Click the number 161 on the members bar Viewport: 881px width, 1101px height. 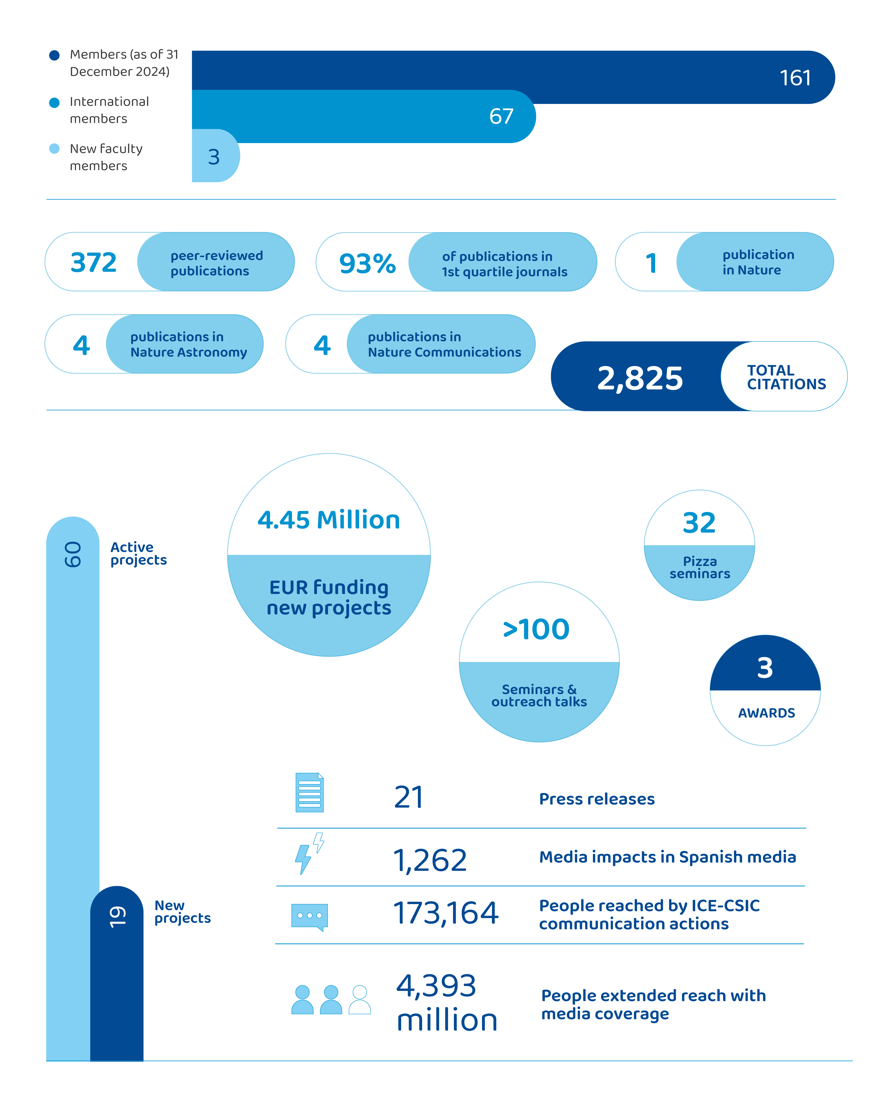pos(795,78)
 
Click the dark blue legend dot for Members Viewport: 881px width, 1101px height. pos(54,55)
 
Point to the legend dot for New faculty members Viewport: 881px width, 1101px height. pos(54,149)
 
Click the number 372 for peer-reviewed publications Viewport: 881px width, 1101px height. pos(93,262)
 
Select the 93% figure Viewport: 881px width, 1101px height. pos(367,263)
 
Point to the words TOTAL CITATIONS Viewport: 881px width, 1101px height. pos(786,377)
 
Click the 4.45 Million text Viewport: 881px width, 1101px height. pos(328,520)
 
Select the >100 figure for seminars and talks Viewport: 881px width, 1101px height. pos(536,629)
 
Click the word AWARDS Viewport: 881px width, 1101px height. pos(766,713)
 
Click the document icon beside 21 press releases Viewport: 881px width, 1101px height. pos(310,793)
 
